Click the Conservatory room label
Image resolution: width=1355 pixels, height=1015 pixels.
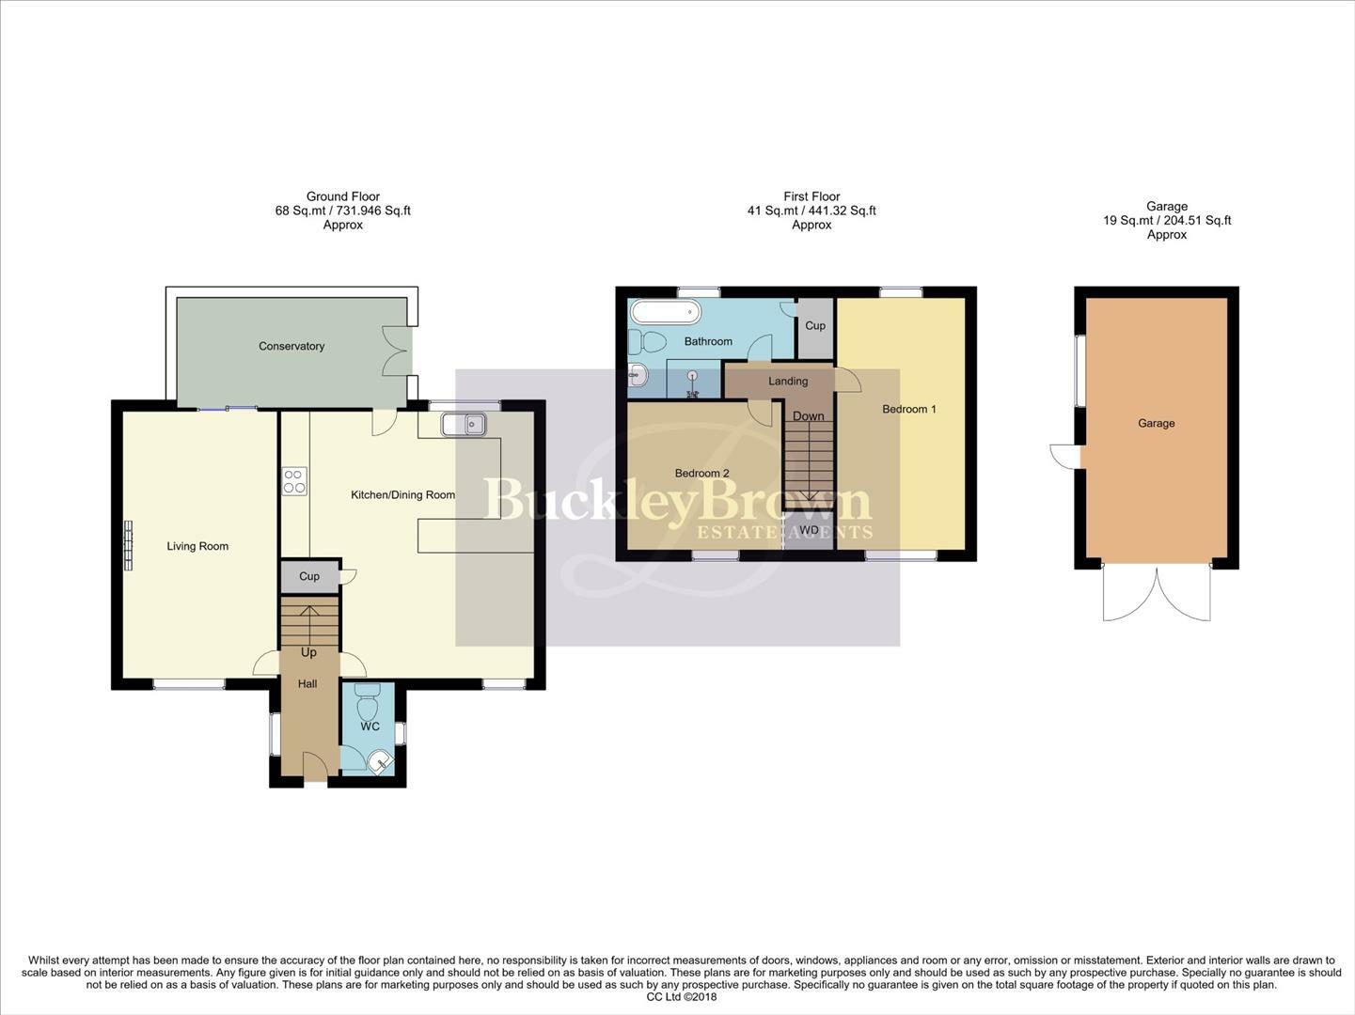[291, 346]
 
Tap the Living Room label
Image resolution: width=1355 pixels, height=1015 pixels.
[197, 546]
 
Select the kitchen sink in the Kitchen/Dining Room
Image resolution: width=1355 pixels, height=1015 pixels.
[464, 425]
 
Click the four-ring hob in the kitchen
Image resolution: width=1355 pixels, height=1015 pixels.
[294, 481]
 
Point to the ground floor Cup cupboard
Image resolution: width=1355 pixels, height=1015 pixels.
[309, 576]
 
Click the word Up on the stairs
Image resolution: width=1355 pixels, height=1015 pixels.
[308, 652]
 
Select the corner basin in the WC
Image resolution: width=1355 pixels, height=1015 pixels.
[381, 761]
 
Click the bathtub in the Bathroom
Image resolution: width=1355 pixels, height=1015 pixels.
[666, 312]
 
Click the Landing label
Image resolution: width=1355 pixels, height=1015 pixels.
[788, 382]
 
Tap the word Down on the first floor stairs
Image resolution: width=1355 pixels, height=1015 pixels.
[808, 416]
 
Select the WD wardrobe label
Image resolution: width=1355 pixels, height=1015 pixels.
[809, 530]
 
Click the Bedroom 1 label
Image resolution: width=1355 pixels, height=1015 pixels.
[909, 409]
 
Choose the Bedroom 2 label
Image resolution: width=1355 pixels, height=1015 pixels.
[701, 474]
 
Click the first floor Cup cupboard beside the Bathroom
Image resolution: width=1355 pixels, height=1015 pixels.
[815, 328]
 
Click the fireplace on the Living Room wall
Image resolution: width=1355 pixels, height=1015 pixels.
[129, 545]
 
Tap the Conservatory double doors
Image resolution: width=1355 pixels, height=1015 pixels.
[396, 351]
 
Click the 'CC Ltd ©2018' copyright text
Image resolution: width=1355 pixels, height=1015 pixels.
[682, 997]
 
